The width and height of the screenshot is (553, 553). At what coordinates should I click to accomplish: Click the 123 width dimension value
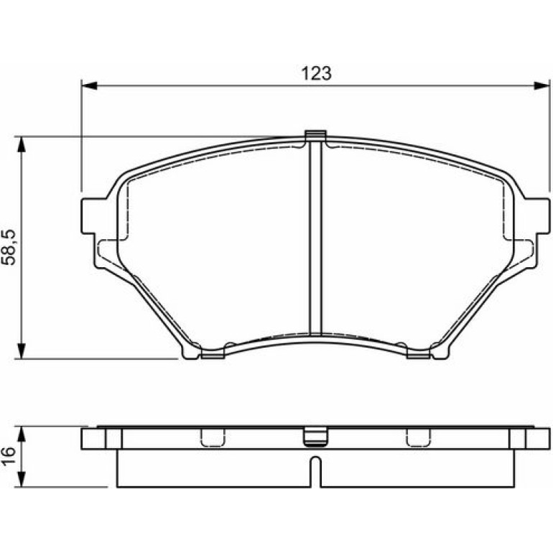pos(316,73)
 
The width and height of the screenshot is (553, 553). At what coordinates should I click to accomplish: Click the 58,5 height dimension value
pos(9,247)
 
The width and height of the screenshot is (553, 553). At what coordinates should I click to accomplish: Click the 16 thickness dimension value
pos(9,456)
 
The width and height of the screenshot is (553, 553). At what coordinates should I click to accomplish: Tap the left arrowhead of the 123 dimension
pos(89,85)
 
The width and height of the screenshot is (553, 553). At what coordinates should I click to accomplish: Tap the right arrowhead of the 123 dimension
pos(542,85)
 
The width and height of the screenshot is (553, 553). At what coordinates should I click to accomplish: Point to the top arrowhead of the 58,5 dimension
pos(22,144)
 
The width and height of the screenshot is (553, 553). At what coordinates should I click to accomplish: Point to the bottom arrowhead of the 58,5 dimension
pos(22,350)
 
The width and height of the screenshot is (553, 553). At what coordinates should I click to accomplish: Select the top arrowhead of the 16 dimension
pos(22,434)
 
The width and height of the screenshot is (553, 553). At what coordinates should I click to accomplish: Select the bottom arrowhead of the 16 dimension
pos(22,479)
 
